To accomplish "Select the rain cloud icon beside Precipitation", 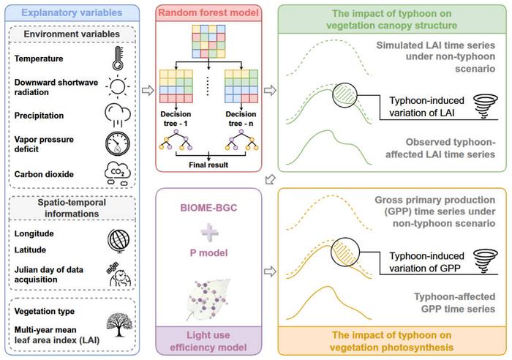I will [x=117, y=115].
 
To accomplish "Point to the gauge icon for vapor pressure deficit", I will [x=117, y=144].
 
